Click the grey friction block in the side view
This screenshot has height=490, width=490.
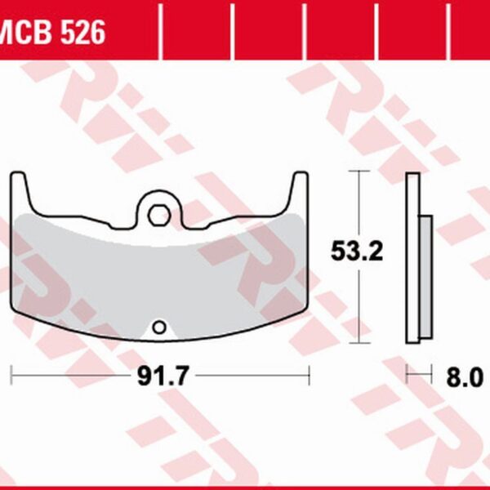coord(425,276)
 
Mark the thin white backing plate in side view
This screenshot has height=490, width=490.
coord(412,261)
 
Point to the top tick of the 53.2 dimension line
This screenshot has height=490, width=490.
coord(358,171)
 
